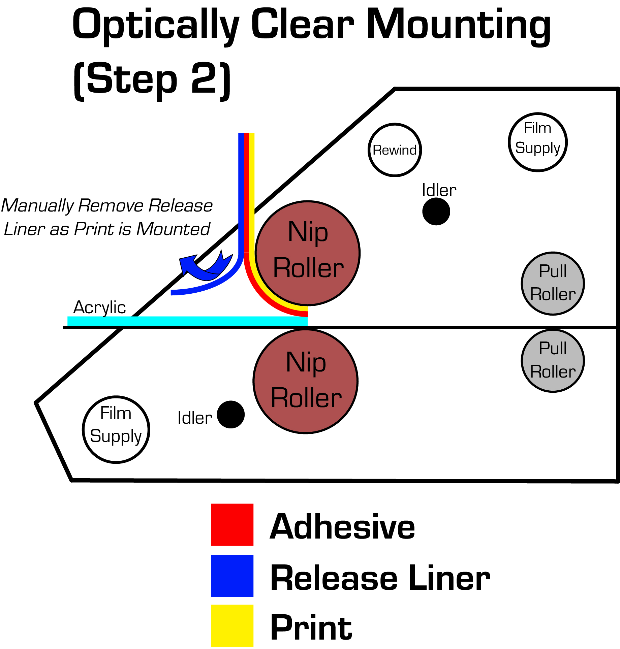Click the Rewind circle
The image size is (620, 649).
tap(395, 150)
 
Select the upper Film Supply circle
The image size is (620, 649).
tap(538, 142)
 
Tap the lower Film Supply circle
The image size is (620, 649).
tap(116, 429)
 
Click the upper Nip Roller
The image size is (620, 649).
tap(308, 253)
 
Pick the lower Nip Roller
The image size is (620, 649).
tap(306, 381)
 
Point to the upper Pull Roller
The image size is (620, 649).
tap(553, 283)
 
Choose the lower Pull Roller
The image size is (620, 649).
tap(553, 361)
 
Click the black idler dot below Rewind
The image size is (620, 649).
tap(436, 212)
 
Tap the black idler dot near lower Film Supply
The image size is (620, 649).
tap(231, 414)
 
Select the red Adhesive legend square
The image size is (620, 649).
tap(232, 524)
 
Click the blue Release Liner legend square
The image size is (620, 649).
tap(232, 576)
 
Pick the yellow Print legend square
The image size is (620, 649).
tap(232, 625)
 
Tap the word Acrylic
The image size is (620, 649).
tap(99, 307)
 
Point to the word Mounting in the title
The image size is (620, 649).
tap(458, 25)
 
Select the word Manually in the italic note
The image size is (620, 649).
tap(37, 205)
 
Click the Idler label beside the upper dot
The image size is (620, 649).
tap(439, 191)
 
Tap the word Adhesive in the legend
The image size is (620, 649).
tap(342, 527)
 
